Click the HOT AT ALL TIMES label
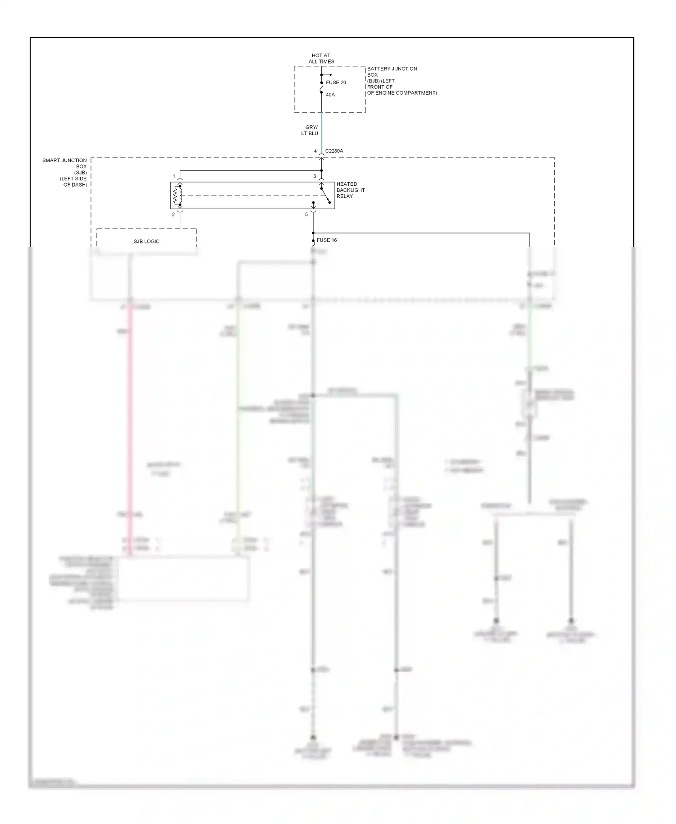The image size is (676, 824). point(321,59)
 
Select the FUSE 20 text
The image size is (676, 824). point(336,82)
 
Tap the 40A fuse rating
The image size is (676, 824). point(330,95)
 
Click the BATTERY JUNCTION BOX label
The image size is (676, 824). point(392,72)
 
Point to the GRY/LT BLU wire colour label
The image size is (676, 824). point(310,130)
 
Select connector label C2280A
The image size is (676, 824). point(334,151)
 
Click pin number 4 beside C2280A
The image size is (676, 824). point(315,151)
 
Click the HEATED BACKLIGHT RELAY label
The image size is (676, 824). point(350,190)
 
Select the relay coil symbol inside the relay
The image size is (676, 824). point(178,196)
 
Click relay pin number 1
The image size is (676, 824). point(174,176)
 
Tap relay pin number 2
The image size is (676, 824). point(173,215)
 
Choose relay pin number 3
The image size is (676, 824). point(315,176)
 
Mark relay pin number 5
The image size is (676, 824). point(306,215)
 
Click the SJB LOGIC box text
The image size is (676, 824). point(146,242)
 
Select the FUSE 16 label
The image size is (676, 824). point(327,240)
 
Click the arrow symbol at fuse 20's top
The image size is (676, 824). point(328,75)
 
